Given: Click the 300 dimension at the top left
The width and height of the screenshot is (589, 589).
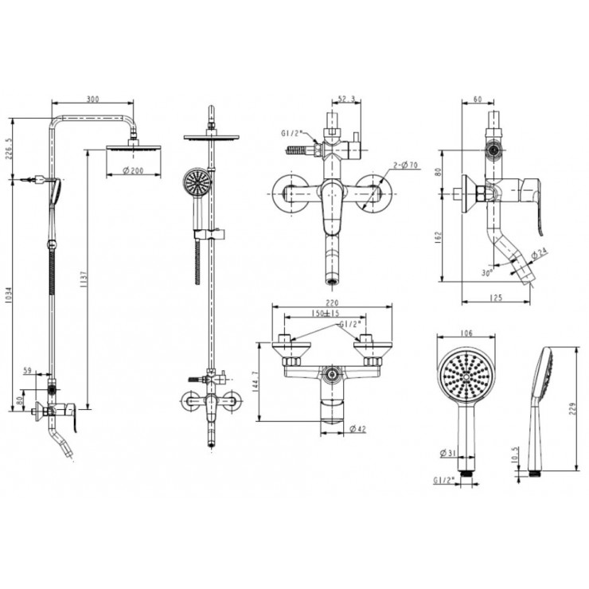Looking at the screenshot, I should click(x=92, y=99).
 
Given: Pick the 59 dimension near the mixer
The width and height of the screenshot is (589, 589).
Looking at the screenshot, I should click(x=29, y=369).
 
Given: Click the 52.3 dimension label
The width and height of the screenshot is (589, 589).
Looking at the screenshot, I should click(x=345, y=99).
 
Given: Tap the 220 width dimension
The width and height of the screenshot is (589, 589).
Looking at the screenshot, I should click(x=332, y=302).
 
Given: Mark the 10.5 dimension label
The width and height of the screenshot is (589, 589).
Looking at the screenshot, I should click(x=515, y=455).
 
